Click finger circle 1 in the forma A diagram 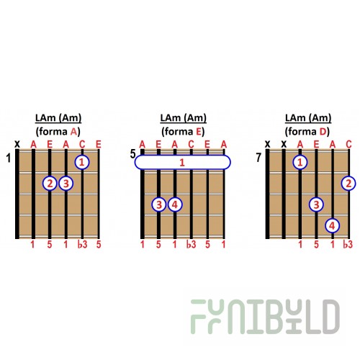pos(82,162)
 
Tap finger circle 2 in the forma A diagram pos(50,184)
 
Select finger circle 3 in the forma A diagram pos(66,184)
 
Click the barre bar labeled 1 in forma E pos(183,162)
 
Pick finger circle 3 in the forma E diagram pos(159,204)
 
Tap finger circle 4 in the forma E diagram pos(175,204)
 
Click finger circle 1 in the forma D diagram pos(300,162)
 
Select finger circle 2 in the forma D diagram pos(348,184)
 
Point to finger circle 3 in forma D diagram pos(317,204)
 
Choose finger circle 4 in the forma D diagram pos(333,225)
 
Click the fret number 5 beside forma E pos(133,154)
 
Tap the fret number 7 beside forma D pos(258,158)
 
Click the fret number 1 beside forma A pos(9,158)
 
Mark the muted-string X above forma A pos(17,144)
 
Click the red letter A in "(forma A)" pos(74,132)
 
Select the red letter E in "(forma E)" pos(199,132)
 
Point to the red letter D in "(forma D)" pos(323,132)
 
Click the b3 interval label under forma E pos(192,244)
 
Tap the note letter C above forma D pos(348,144)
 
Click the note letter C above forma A pos(82,144)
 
